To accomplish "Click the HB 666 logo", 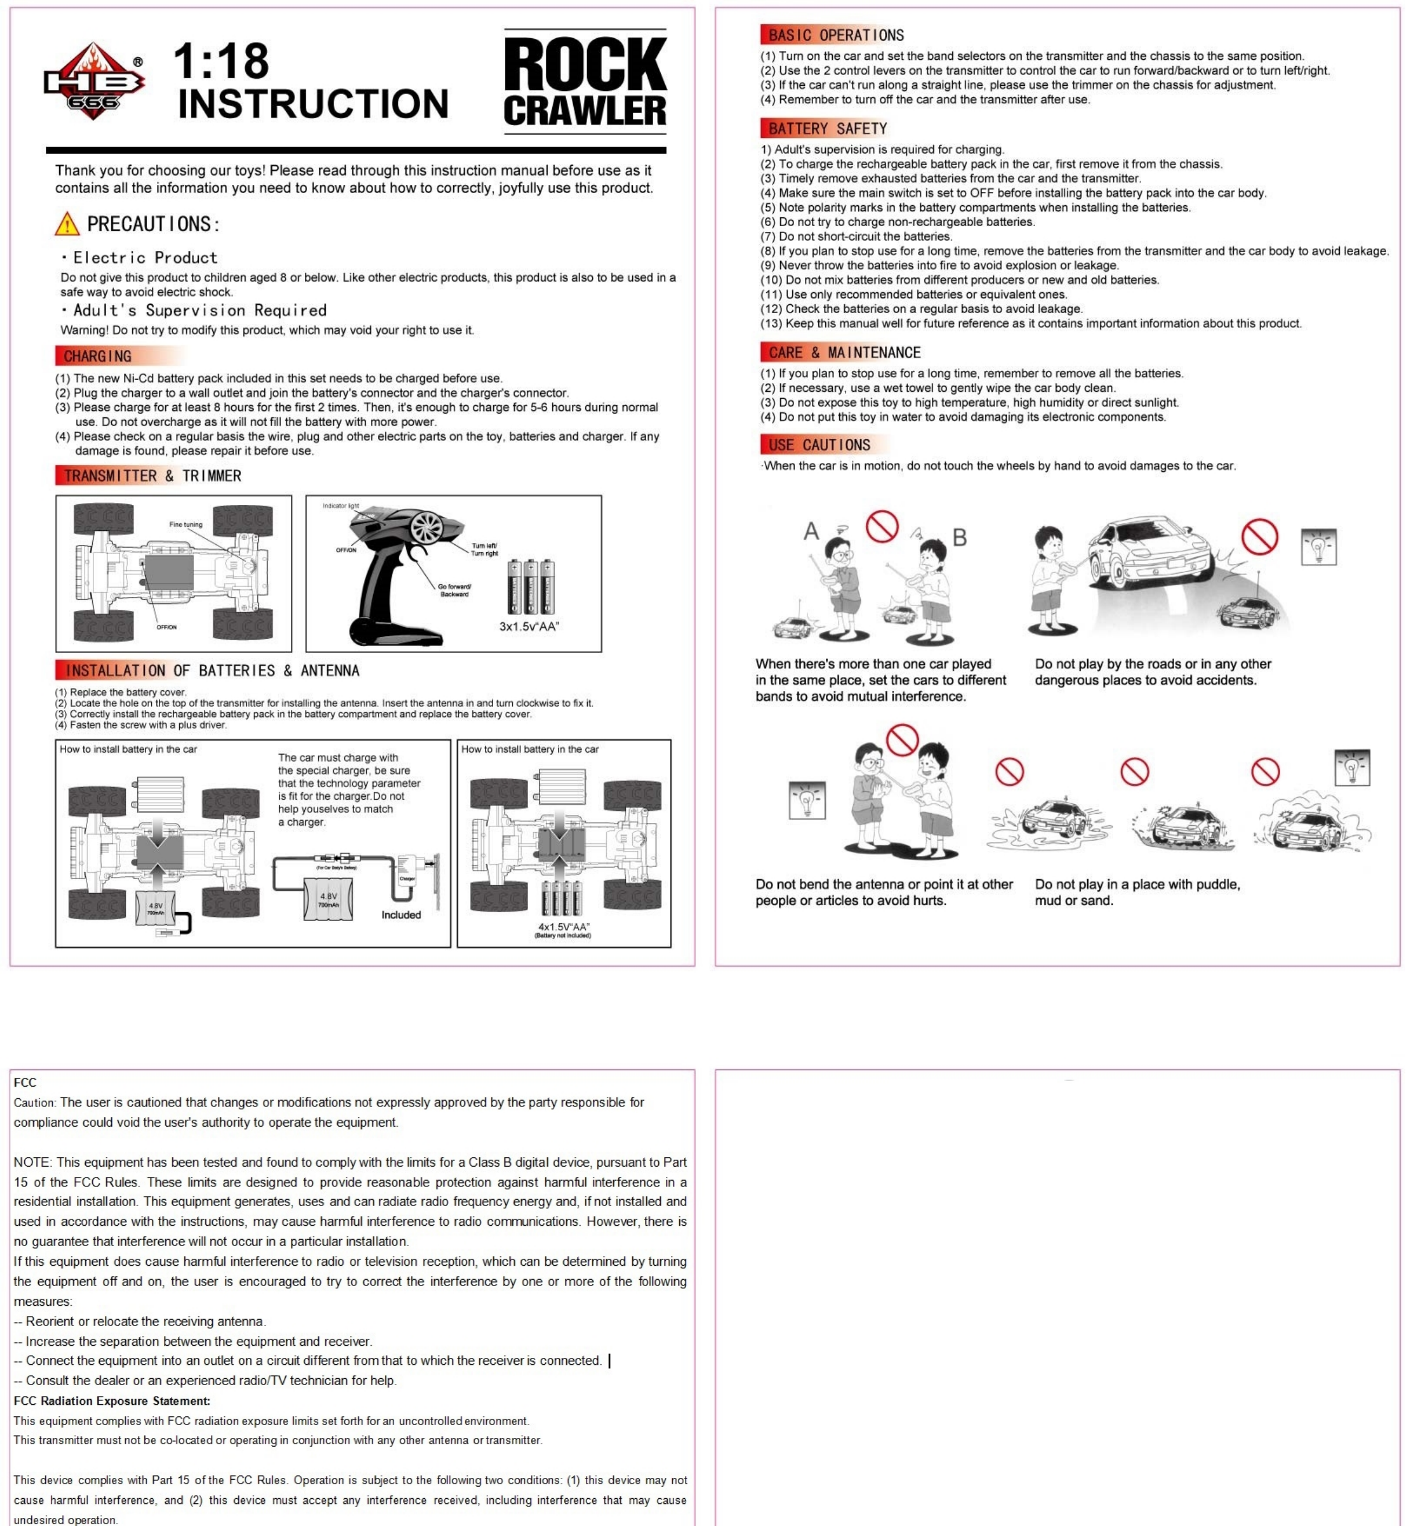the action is click(93, 82).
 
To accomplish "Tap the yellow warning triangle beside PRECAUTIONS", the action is click(67, 224).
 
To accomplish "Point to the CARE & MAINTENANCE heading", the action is click(844, 352).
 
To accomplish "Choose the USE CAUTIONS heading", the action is click(819, 445).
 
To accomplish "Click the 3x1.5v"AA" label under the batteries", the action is click(529, 627).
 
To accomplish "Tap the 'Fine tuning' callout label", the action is click(185, 524).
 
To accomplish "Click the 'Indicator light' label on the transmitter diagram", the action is click(340, 506).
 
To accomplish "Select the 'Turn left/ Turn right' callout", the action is click(484, 549).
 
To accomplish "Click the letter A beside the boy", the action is click(811, 531).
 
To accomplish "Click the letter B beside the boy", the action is click(960, 538).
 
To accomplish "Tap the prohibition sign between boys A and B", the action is click(882, 526).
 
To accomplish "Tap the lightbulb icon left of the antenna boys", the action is click(807, 800).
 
